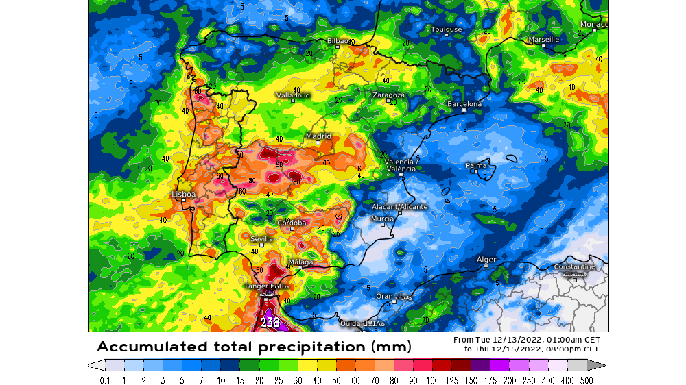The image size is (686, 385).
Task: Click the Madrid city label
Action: (x=318, y=136)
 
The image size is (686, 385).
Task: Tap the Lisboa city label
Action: (x=184, y=195)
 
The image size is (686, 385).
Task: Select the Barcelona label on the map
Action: (x=464, y=104)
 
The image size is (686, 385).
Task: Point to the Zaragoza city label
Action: (x=388, y=95)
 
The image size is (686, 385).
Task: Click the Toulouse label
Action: (x=446, y=29)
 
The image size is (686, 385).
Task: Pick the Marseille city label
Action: (x=543, y=40)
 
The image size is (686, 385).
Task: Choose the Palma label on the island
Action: (x=476, y=166)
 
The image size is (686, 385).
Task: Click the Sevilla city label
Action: (x=261, y=239)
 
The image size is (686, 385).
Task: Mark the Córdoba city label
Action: (x=292, y=223)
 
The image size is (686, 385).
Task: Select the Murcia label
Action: (x=382, y=219)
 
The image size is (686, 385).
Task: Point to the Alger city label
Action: (x=486, y=260)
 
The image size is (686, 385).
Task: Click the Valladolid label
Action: (x=293, y=95)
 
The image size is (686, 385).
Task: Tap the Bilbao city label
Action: (x=338, y=41)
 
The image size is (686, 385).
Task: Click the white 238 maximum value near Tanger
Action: (x=270, y=321)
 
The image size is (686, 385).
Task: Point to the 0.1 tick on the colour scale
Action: (x=105, y=380)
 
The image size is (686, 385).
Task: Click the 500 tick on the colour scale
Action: (x=587, y=380)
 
